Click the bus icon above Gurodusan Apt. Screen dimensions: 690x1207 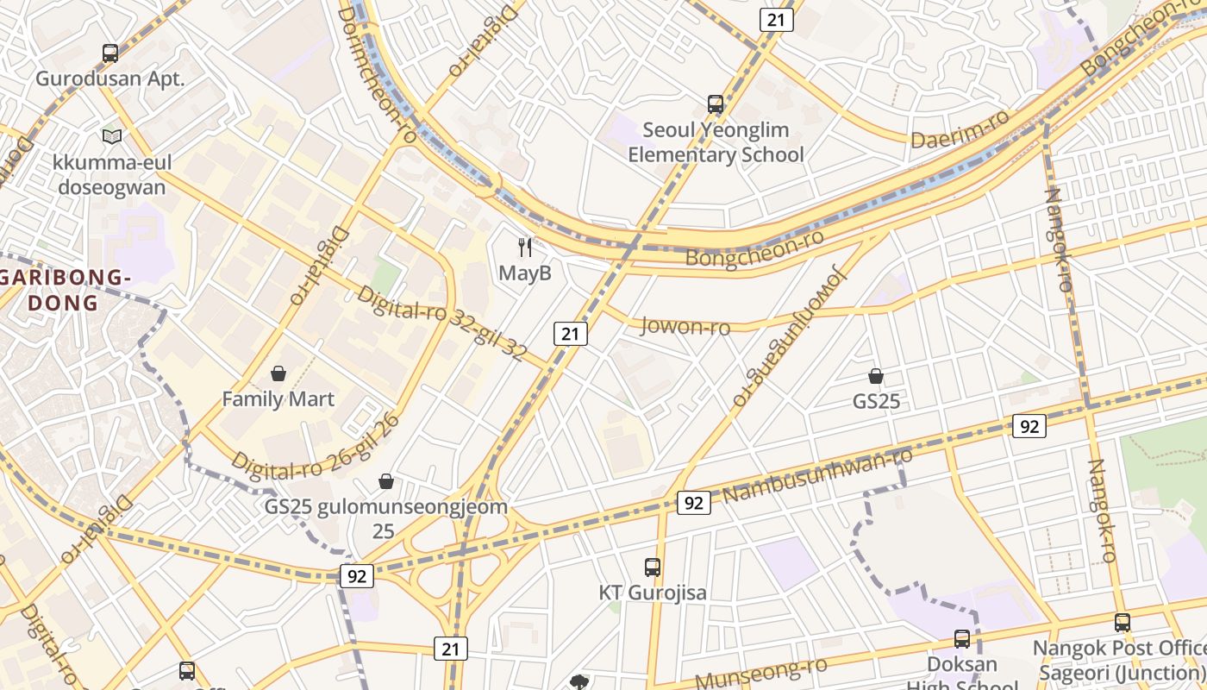coord(110,53)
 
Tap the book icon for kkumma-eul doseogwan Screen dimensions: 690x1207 coord(112,136)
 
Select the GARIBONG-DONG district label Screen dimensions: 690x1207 coord(65,291)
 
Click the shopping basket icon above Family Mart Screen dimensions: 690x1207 coord(278,373)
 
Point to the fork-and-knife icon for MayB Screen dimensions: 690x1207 coord(525,248)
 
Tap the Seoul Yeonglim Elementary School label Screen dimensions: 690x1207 coord(715,142)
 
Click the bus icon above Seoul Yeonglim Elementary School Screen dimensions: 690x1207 coord(715,104)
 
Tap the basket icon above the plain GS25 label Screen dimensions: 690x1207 coord(876,376)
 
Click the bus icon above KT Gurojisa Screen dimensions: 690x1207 coord(653,568)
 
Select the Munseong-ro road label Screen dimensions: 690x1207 coord(760,673)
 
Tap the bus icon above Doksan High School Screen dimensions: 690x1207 coord(961,639)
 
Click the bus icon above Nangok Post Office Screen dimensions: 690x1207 coord(1122,622)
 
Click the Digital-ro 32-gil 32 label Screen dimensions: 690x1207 coord(441,323)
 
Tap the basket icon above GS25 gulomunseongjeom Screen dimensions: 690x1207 coord(386,480)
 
